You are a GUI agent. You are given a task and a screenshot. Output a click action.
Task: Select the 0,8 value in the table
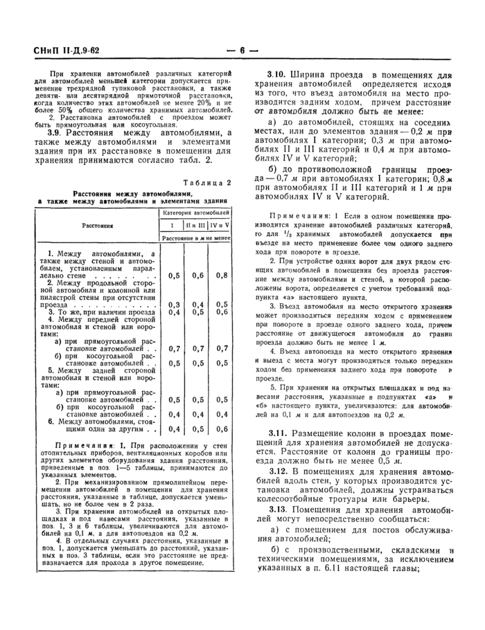(221, 276)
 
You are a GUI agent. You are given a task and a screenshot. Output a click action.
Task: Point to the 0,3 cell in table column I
(174, 305)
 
